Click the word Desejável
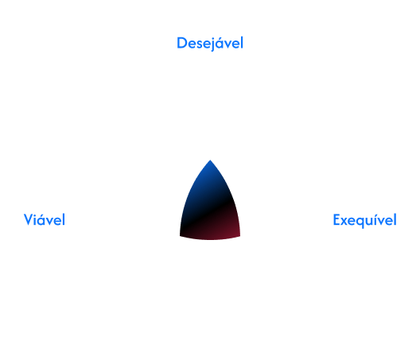[210, 44]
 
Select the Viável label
[45, 220]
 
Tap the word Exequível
[364, 220]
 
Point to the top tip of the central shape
[210, 161]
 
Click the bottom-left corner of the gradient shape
[180, 236]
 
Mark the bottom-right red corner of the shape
[240, 236]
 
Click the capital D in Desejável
[182, 43]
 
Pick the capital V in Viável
[29, 220]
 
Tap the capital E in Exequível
[336, 220]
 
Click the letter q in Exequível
[359, 222]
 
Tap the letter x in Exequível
[344, 222]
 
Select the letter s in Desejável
[199, 45]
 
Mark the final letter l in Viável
[64, 220]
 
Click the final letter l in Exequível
[395, 220]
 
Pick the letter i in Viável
[37, 220]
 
